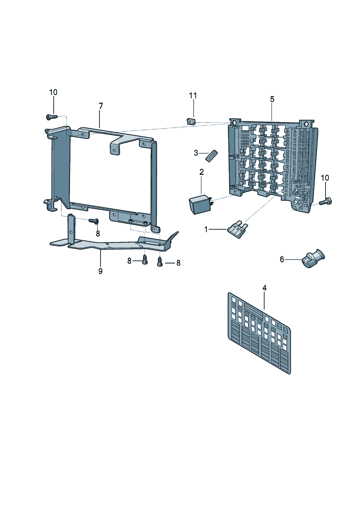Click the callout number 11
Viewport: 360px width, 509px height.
point(193,95)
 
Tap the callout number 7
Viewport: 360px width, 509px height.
point(101,106)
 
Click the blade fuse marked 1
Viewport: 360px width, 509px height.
point(238,229)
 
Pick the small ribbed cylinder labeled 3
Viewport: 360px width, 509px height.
point(211,155)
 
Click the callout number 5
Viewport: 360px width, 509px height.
point(272,99)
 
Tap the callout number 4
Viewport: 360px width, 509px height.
point(265,288)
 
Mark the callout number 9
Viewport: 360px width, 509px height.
point(101,271)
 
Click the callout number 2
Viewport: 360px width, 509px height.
point(201,172)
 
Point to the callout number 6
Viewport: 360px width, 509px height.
point(282,259)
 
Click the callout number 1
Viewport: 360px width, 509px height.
point(206,229)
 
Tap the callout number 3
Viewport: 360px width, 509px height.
point(196,153)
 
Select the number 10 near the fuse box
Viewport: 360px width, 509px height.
point(325,178)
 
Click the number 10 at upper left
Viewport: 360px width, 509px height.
point(53,93)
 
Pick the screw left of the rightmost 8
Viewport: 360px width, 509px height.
point(159,262)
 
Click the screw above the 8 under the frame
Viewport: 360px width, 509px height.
point(94,221)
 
